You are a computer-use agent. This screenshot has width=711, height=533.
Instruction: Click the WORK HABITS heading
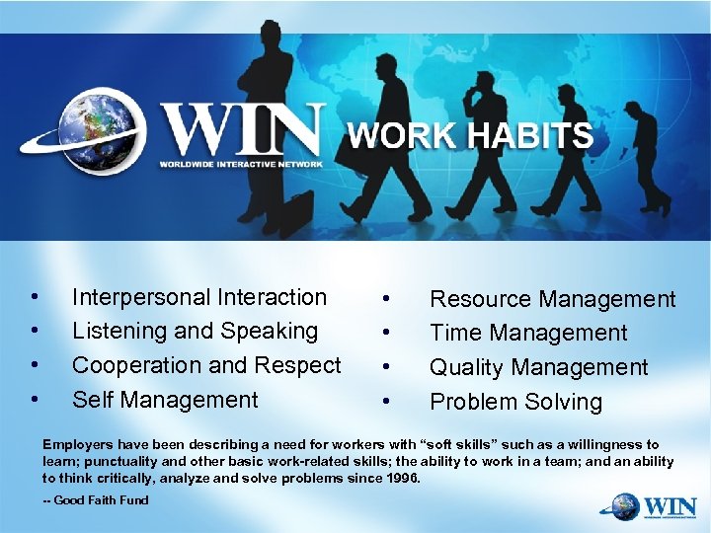tap(470, 136)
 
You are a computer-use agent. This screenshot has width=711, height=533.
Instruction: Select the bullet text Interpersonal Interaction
tap(198, 297)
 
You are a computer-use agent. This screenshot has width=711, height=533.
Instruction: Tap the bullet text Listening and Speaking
tap(195, 331)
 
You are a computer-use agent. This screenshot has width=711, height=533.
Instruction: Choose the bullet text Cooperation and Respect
tap(206, 365)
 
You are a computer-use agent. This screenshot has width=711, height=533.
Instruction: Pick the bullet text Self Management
tap(164, 400)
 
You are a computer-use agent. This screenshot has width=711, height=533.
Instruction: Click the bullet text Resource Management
tap(552, 299)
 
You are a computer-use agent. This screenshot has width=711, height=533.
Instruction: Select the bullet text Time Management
tap(527, 334)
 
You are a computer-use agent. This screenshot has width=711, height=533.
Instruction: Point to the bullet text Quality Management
tap(538, 367)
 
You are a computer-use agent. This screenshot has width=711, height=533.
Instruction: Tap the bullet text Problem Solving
tap(514, 402)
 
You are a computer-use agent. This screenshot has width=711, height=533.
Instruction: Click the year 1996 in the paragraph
tap(399, 478)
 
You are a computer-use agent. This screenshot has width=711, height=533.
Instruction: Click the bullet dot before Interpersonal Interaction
tap(35, 297)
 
